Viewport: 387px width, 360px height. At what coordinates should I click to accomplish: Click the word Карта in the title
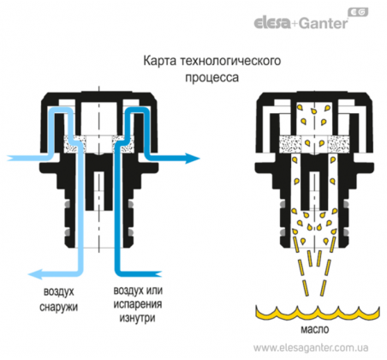(x=159, y=62)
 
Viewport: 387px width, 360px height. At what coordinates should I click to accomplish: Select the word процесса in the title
(x=212, y=78)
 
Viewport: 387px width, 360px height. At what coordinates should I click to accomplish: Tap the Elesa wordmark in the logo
(x=272, y=23)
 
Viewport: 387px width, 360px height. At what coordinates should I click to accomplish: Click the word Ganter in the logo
(x=324, y=23)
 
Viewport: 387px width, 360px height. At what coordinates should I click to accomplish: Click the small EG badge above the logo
(x=358, y=12)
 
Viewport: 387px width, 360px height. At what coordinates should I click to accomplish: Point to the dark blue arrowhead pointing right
(x=193, y=158)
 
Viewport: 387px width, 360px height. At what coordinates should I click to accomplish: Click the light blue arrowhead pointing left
(x=35, y=274)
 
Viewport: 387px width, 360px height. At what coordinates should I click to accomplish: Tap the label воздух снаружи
(x=58, y=299)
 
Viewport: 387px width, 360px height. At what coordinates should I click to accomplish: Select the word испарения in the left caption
(x=138, y=304)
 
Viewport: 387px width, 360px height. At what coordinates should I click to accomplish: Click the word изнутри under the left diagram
(x=137, y=318)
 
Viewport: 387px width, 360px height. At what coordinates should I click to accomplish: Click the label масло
(x=315, y=329)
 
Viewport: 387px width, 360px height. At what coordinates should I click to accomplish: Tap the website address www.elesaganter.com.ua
(x=311, y=348)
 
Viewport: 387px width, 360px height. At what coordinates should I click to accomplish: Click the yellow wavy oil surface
(x=318, y=314)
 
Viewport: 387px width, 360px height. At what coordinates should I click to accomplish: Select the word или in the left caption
(x=154, y=291)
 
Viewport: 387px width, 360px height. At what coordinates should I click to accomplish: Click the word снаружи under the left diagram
(x=58, y=308)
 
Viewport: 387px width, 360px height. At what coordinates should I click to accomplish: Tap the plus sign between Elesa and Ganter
(x=295, y=24)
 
